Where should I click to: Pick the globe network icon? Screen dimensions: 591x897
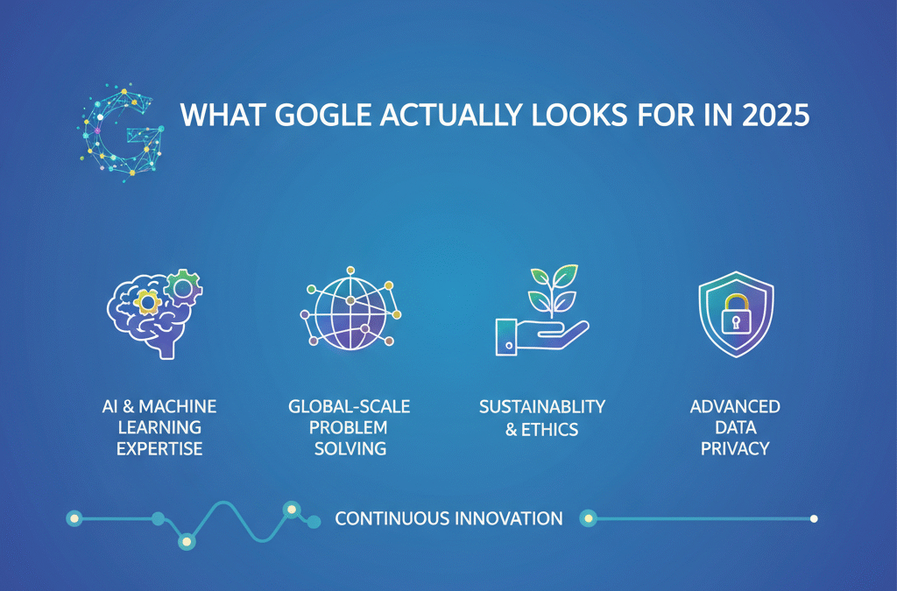349,312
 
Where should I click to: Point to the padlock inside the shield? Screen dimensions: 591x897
735,315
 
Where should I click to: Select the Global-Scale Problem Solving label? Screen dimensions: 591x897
349,427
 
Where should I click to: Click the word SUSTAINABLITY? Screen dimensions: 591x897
542,407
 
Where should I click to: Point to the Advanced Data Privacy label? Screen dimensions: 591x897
735,427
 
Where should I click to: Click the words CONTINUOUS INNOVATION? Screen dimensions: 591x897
448,518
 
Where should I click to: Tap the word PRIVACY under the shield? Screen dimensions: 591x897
735,448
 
